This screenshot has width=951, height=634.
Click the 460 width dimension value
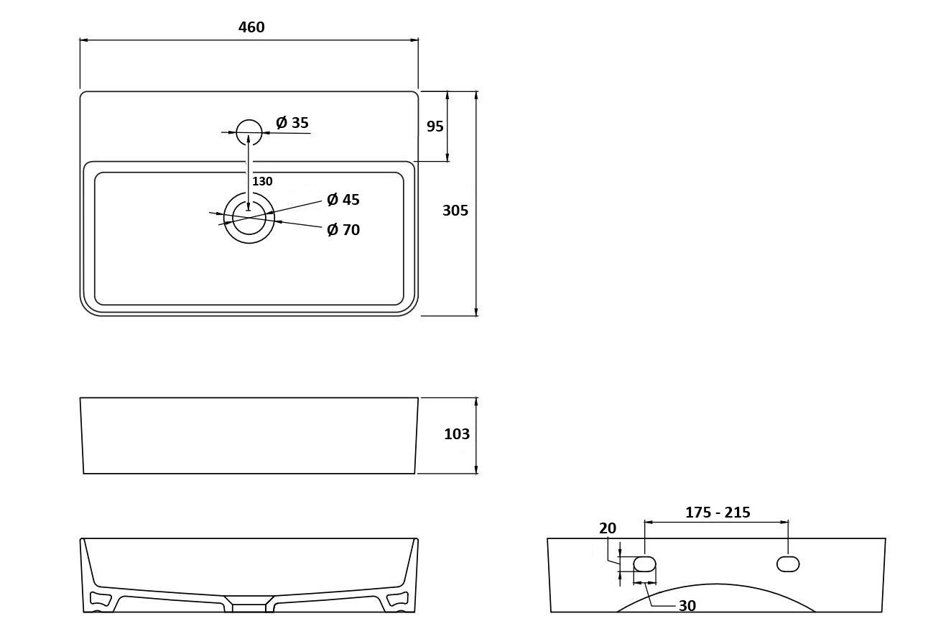pyautogui.click(x=251, y=27)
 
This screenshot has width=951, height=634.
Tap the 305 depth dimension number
pyautogui.click(x=455, y=211)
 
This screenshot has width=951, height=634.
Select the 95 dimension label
pyautogui.click(x=435, y=127)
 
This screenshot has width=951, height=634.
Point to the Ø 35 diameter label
pyautogui.click(x=292, y=122)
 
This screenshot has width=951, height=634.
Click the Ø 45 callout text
pyautogui.click(x=343, y=199)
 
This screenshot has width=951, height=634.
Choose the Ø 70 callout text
pyautogui.click(x=343, y=229)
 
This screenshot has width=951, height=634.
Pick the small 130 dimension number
pyautogui.click(x=262, y=181)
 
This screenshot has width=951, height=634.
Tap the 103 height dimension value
pyautogui.click(x=457, y=434)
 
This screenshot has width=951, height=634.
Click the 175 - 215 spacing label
pyautogui.click(x=718, y=513)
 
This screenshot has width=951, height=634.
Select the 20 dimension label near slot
pyautogui.click(x=608, y=528)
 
